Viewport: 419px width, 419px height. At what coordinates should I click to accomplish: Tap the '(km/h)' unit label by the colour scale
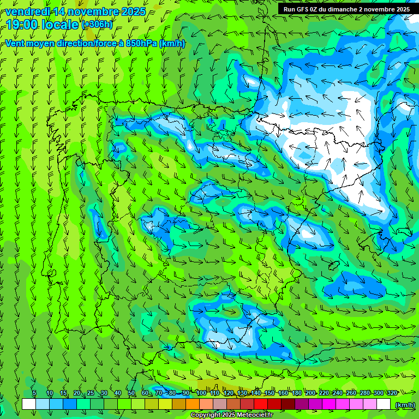pyautogui.click(x=404, y=405)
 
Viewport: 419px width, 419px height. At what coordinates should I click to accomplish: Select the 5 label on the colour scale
pyautogui.click(x=34, y=393)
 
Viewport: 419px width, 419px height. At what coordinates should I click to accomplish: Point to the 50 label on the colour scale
pyautogui.click(x=131, y=393)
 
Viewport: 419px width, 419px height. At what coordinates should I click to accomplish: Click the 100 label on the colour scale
pyautogui.click(x=201, y=393)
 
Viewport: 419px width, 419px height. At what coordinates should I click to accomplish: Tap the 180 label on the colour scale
pyautogui.click(x=297, y=393)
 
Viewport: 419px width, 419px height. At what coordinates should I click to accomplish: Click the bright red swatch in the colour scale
pyautogui.click(x=261, y=404)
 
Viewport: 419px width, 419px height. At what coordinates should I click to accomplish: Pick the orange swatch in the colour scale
pyautogui.click(x=193, y=404)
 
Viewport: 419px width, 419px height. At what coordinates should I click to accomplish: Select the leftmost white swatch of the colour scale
pyautogui.click(x=29, y=404)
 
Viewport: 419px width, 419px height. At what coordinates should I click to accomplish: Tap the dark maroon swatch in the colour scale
pyautogui.click(x=288, y=404)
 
